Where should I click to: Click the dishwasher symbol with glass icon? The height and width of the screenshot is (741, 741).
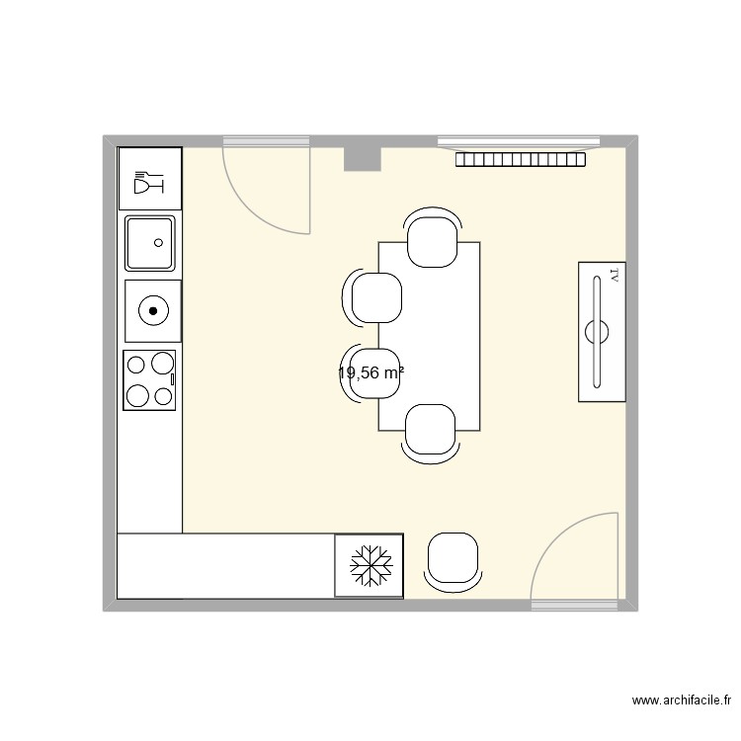[x=149, y=180]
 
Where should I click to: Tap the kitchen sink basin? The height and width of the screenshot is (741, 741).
[x=149, y=243]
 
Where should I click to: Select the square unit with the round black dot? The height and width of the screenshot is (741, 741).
[x=153, y=311]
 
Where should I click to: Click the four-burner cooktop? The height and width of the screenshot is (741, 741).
[x=149, y=380]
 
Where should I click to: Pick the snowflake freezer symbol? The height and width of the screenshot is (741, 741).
[x=369, y=566]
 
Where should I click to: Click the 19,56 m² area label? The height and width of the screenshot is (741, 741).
[x=370, y=373]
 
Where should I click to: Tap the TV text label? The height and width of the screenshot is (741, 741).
[x=614, y=275]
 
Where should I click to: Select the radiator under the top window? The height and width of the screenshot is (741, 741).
[x=521, y=159]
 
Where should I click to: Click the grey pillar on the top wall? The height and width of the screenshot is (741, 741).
[x=362, y=157]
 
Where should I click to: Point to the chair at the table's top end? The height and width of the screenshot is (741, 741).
[x=433, y=240]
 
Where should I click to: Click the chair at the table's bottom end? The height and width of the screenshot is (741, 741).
[x=431, y=433]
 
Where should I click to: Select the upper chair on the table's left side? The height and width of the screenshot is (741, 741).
[x=374, y=297]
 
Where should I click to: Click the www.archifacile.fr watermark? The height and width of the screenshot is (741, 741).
[x=681, y=701]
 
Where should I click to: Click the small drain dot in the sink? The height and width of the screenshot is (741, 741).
[x=156, y=240]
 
